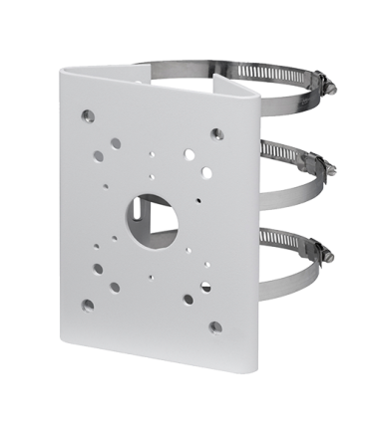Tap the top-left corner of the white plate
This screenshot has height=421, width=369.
63,66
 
